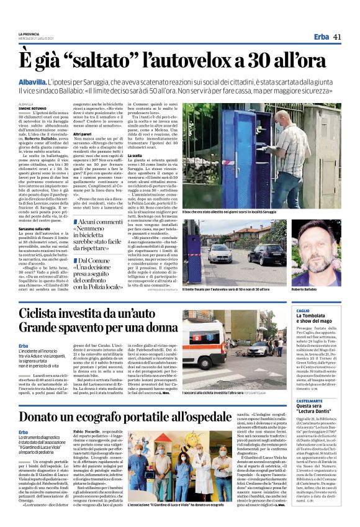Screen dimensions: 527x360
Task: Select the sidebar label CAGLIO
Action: tap(303, 310)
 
